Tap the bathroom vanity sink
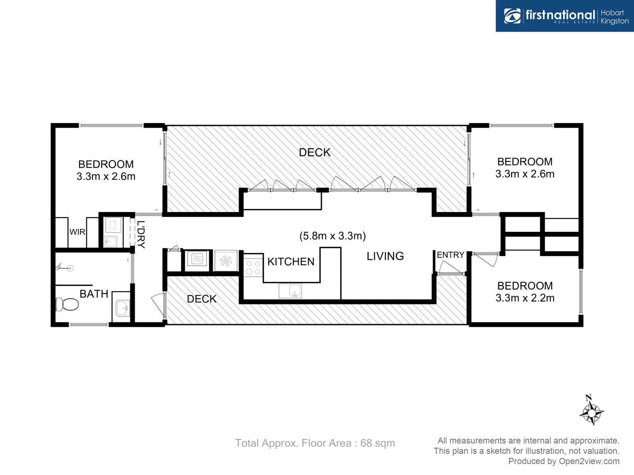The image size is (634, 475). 122,308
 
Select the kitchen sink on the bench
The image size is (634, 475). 290,291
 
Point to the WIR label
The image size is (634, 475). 77,232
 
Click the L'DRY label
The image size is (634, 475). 141,234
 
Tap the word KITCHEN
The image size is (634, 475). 291,262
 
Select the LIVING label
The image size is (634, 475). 385,256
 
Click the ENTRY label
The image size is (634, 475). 450,255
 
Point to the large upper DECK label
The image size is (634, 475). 314,152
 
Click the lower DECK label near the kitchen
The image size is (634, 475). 202,299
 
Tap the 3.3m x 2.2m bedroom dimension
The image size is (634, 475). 525,298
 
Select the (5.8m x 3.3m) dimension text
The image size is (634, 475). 332,236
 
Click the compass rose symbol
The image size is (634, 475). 591,412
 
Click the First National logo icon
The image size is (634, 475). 512,16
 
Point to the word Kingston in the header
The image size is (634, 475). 615,21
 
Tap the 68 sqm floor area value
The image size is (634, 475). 377,443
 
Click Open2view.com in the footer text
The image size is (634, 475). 589,461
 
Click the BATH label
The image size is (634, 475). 94,294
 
